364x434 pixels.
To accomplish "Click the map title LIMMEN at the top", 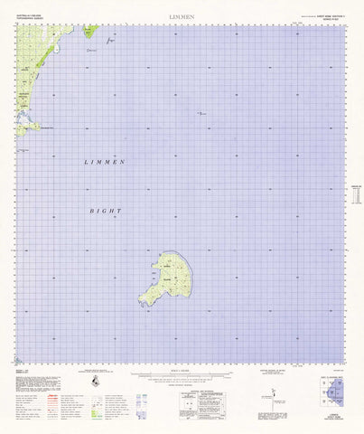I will click(x=181, y=16).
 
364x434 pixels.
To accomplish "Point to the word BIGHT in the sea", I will click(x=105, y=210).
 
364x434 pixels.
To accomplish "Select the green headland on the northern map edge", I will click(x=90, y=31).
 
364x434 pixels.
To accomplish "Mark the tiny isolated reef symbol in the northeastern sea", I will click(x=201, y=112).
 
